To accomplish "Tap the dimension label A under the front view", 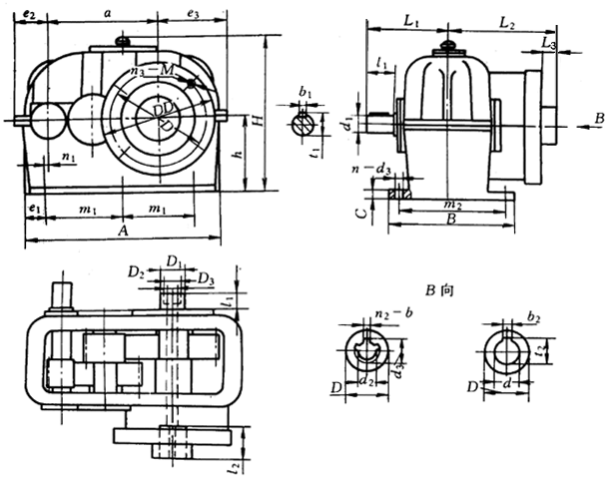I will (x=122, y=231).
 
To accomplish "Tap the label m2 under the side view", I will (x=451, y=204).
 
